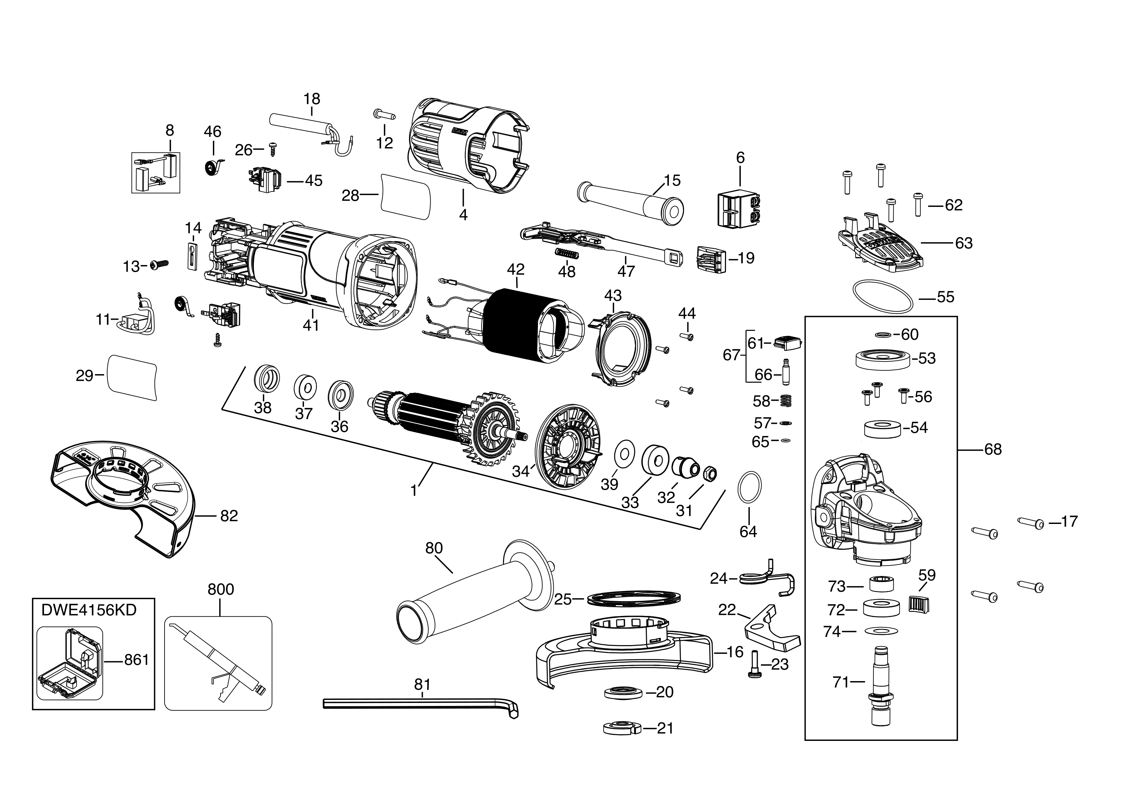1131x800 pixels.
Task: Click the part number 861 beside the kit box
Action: click(x=136, y=659)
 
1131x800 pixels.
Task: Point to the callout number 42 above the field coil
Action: click(x=516, y=269)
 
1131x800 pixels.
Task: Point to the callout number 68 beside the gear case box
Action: click(x=993, y=449)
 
